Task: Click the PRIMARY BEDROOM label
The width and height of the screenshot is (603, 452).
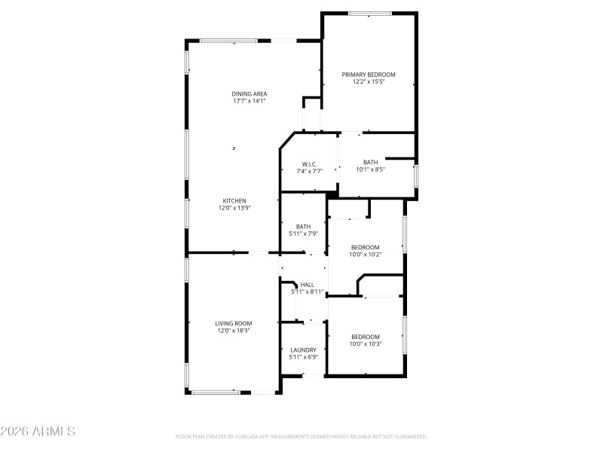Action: pyautogui.click(x=369, y=75)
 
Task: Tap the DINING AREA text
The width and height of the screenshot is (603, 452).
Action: pyautogui.click(x=249, y=93)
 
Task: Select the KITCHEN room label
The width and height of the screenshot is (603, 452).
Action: pyautogui.click(x=234, y=200)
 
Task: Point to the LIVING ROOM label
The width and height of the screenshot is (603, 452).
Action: pyautogui.click(x=234, y=323)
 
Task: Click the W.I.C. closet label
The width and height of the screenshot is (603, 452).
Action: pyautogui.click(x=309, y=164)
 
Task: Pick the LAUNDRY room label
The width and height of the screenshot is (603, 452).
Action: pyautogui.click(x=304, y=350)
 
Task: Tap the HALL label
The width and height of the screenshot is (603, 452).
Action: pyautogui.click(x=307, y=284)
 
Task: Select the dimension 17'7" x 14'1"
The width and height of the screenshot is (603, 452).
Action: pyautogui.click(x=249, y=100)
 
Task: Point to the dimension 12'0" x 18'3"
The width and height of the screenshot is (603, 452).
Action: pyautogui.click(x=234, y=330)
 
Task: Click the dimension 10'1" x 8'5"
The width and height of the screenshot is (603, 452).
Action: pyautogui.click(x=371, y=169)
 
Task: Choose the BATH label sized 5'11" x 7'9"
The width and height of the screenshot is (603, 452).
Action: pyautogui.click(x=304, y=226)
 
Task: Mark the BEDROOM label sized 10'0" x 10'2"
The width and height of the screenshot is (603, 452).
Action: pyautogui.click(x=366, y=247)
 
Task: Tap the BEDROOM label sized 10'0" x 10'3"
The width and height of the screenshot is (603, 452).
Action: pyautogui.click(x=366, y=337)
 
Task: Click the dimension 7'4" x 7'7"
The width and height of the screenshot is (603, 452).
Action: pyautogui.click(x=309, y=171)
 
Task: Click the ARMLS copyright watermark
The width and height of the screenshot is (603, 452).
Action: pyautogui.click(x=38, y=432)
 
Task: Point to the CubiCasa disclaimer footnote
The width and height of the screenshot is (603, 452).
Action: pyautogui.click(x=301, y=436)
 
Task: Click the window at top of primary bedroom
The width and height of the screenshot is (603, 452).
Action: pyautogui.click(x=369, y=13)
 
